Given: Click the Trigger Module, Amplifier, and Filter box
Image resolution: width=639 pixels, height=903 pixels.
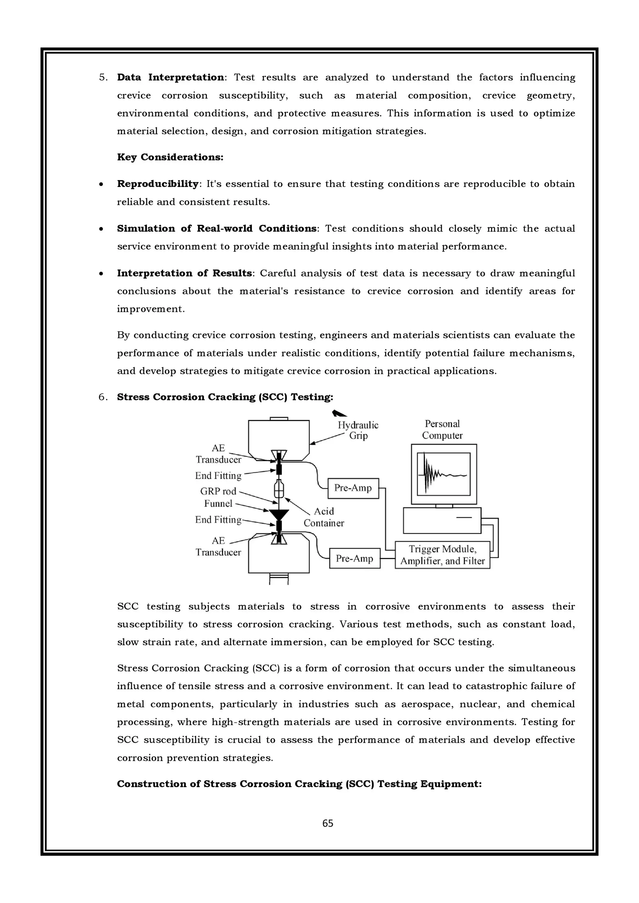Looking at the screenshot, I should point(442,555).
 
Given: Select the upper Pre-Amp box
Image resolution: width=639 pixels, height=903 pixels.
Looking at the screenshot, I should point(353,488).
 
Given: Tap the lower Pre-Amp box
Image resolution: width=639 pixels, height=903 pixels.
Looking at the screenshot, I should point(354,558).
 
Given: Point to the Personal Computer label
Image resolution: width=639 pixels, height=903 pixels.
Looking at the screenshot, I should point(442,429).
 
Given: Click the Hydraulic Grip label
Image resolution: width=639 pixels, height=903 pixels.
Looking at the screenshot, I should point(358,430).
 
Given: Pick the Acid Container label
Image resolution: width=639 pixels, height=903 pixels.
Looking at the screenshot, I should point(324,517).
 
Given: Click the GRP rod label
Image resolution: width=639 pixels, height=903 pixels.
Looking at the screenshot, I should point(218,491).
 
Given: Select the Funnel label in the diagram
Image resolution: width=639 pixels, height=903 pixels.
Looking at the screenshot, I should point(218,504).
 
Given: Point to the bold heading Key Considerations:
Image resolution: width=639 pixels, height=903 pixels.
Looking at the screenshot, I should point(170,157).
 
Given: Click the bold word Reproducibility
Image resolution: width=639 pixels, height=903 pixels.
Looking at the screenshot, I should point(158,184).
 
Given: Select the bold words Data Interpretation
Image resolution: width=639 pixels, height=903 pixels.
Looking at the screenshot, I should point(170,78).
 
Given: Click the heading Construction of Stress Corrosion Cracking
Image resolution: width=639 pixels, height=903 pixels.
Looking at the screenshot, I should point(299,784).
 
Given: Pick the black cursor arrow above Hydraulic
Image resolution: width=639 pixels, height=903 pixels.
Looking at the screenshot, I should point(339,413).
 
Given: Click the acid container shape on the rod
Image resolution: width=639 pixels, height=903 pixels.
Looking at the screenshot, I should point(279,490).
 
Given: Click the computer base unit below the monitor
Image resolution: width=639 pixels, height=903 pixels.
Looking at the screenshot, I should point(442,520).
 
